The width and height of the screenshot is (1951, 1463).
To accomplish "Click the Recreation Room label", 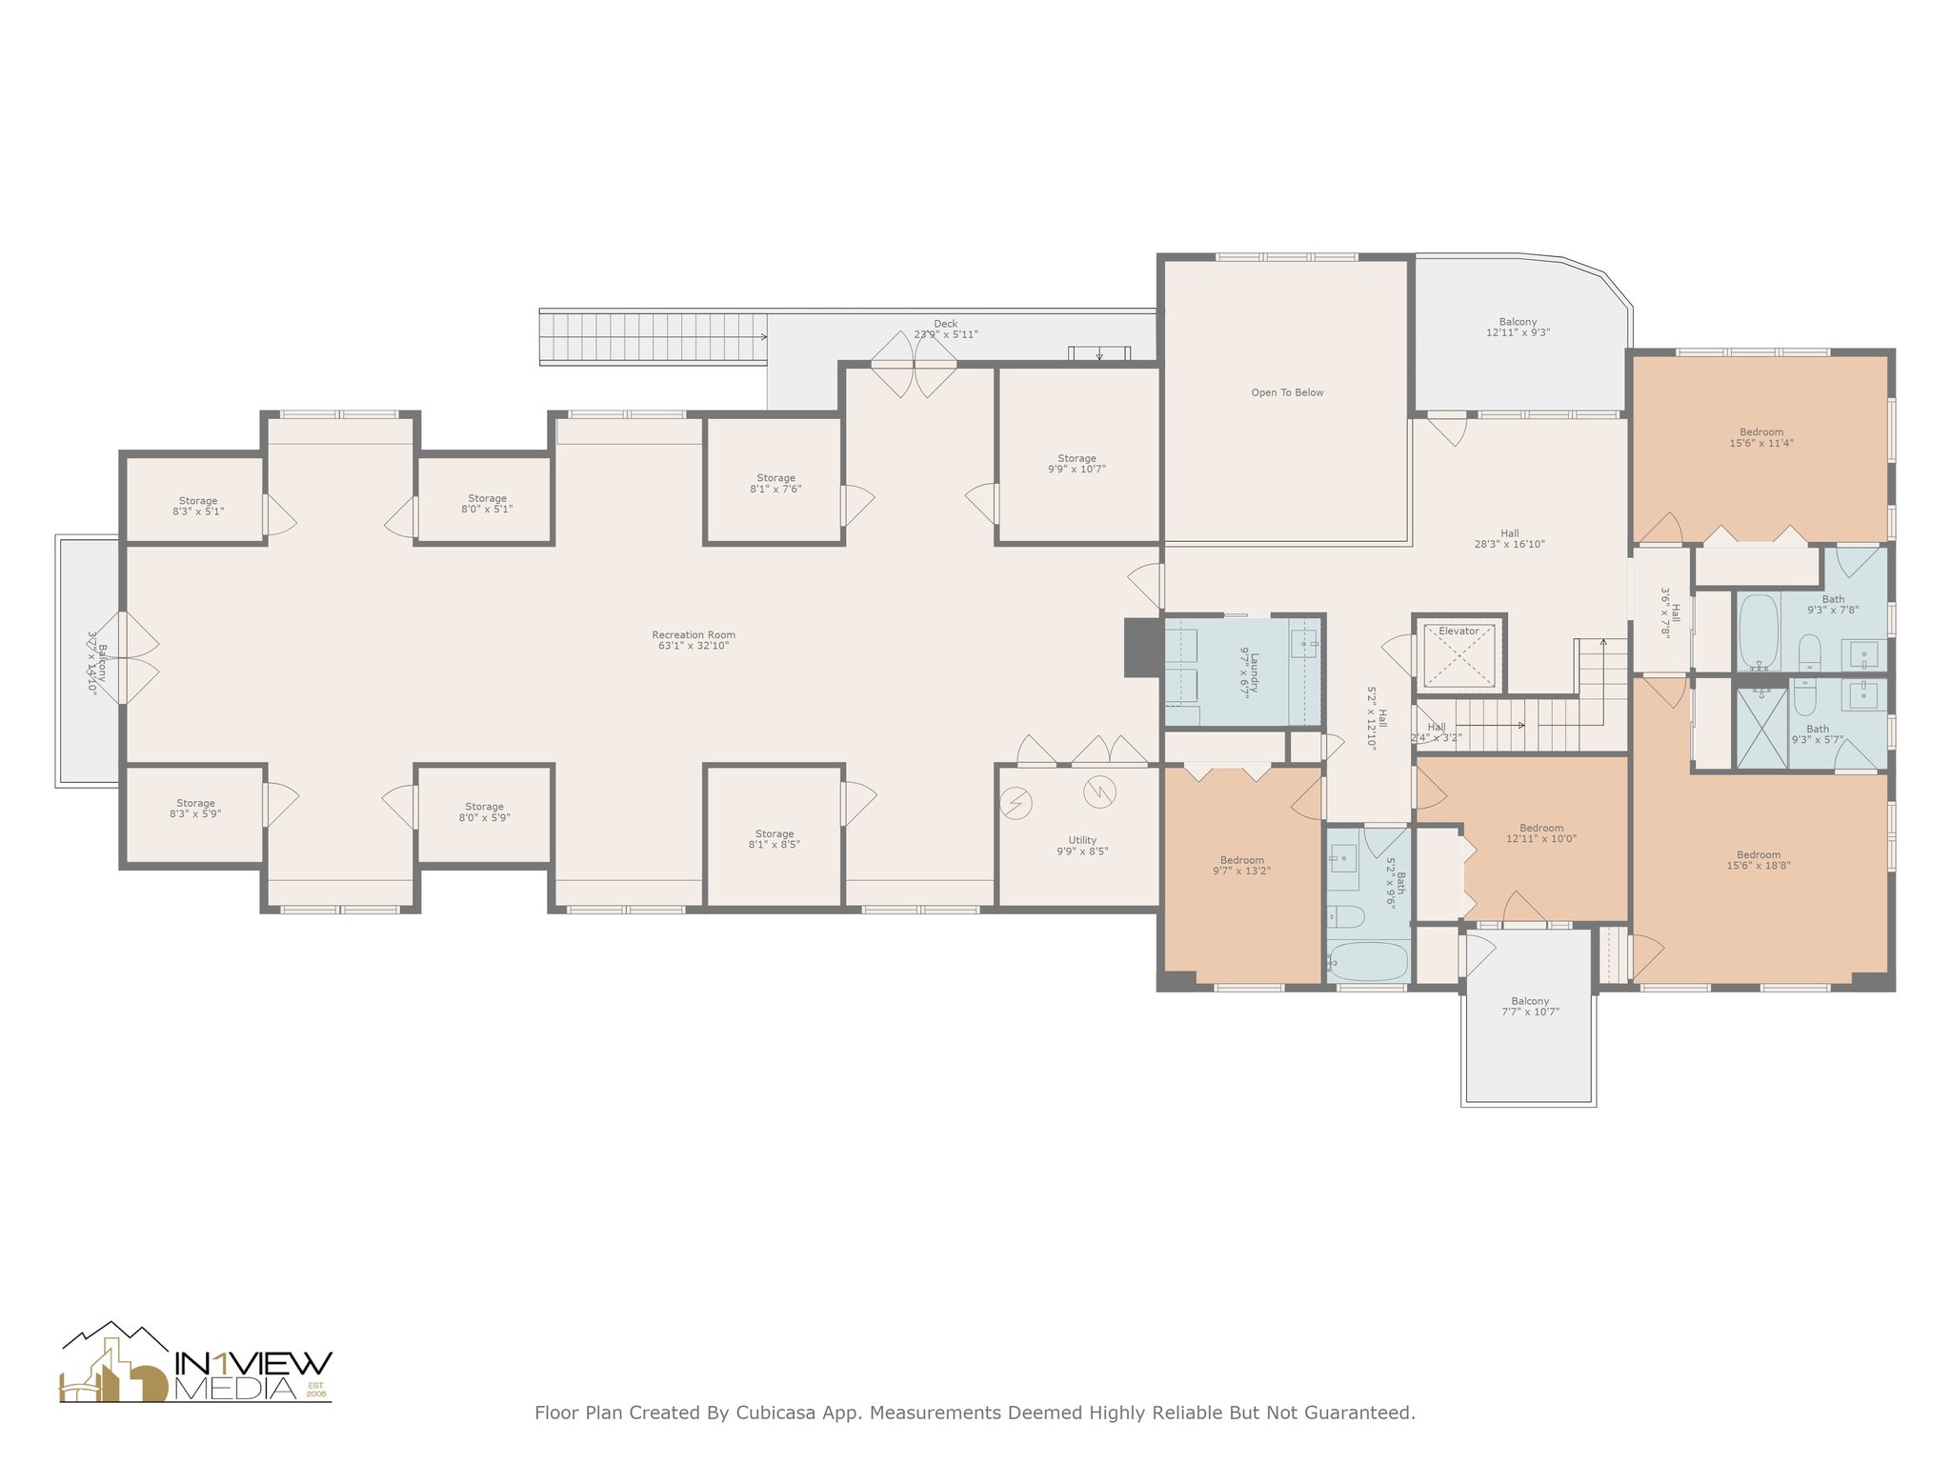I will (x=694, y=640).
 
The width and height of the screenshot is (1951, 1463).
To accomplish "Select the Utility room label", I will (x=1082, y=846).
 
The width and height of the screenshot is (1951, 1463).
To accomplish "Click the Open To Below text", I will (x=1287, y=392).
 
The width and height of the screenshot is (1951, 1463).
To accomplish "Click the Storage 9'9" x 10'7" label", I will (x=1076, y=464).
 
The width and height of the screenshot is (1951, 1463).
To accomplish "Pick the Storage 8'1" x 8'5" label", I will (x=774, y=839).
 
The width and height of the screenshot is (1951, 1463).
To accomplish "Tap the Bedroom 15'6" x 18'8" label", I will (x=1758, y=860).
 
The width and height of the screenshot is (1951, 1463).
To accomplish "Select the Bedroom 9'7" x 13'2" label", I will (x=1241, y=865).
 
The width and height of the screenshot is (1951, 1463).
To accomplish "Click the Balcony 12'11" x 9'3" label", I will (x=1518, y=328).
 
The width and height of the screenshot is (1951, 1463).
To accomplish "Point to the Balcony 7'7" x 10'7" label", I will (x=1530, y=1006).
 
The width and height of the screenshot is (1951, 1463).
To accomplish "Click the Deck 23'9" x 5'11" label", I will (x=945, y=329).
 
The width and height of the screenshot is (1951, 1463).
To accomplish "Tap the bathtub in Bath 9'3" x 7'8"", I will (x=1759, y=631).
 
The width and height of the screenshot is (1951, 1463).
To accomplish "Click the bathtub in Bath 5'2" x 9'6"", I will (x=1367, y=961).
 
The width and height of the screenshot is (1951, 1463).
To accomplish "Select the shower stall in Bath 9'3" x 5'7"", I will (x=1761, y=728).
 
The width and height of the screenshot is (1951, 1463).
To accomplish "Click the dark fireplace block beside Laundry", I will (x=1142, y=648).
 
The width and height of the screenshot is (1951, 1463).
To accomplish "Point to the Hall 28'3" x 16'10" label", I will (x=1509, y=539).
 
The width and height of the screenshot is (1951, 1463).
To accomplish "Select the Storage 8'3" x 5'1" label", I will (x=198, y=506).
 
